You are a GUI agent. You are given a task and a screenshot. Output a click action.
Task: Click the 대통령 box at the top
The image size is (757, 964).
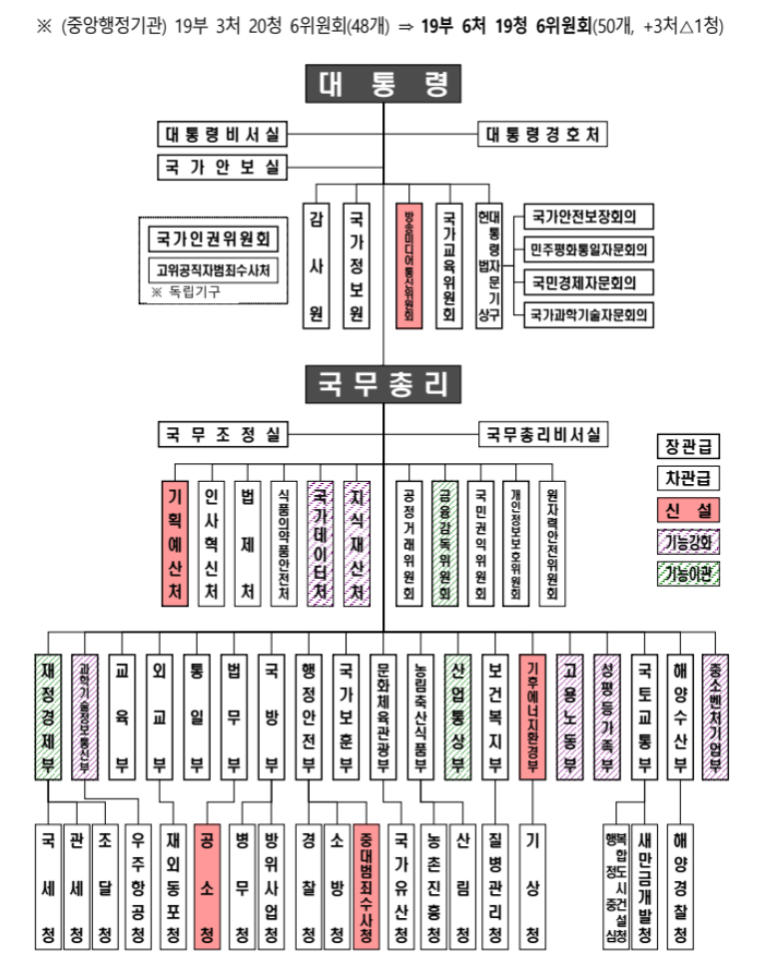point(383,85)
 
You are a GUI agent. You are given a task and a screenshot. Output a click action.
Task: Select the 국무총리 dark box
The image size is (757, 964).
point(383,381)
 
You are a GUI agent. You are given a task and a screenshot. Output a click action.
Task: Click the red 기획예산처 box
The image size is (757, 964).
point(175,544)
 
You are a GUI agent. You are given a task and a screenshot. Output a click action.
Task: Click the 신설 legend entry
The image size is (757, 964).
point(689,510)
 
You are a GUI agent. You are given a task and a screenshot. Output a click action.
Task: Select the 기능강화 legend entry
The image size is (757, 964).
point(689,542)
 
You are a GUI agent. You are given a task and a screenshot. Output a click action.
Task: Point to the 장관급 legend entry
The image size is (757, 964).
point(689,446)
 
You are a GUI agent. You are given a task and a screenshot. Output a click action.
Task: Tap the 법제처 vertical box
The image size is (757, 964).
point(248,544)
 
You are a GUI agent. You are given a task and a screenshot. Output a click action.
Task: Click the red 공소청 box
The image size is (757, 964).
point(206,885)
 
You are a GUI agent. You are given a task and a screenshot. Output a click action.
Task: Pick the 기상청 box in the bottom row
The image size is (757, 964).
point(532,885)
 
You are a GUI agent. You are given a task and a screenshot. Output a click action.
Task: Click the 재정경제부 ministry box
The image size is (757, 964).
point(47,715)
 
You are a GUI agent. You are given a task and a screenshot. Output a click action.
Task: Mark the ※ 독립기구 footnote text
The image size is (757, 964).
point(185,291)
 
